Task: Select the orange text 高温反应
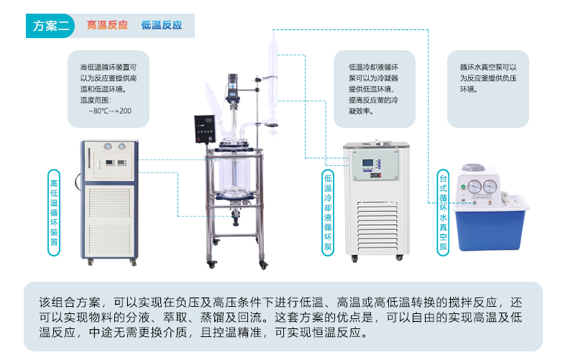click(x=107, y=25)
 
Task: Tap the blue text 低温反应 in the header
click(x=162, y=25)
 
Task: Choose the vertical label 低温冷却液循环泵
click(x=329, y=213)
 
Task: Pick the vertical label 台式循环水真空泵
click(x=444, y=213)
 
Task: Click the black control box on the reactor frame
click(x=205, y=129)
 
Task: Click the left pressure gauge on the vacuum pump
click(x=475, y=186)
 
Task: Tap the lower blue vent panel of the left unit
click(x=108, y=219)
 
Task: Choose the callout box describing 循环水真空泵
click(x=488, y=78)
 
